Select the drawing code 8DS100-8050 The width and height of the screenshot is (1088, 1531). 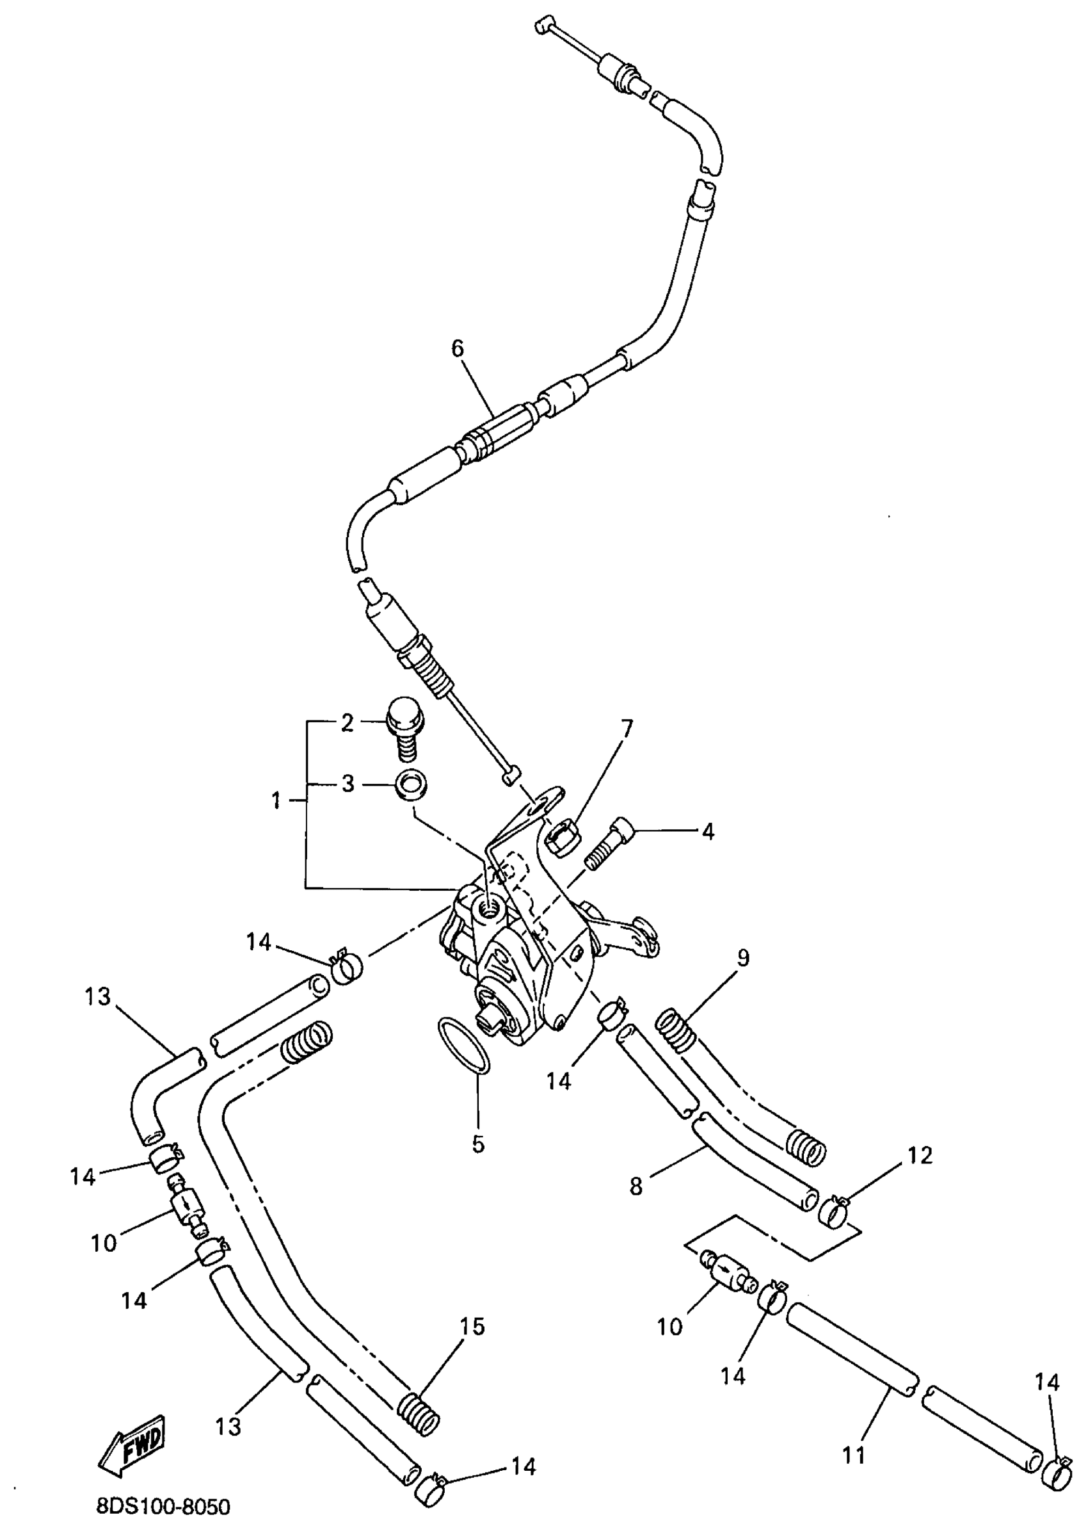[163, 1507]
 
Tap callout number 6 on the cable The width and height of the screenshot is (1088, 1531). [458, 348]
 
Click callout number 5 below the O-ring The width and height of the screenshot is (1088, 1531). [477, 1144]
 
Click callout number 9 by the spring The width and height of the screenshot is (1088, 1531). [743, 958]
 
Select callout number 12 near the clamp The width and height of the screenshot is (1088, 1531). [920, 1155]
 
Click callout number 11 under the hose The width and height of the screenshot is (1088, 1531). [854, 1455]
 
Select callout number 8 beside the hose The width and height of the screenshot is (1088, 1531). [636, 1187]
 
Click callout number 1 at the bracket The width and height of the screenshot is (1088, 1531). [276, 800]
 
